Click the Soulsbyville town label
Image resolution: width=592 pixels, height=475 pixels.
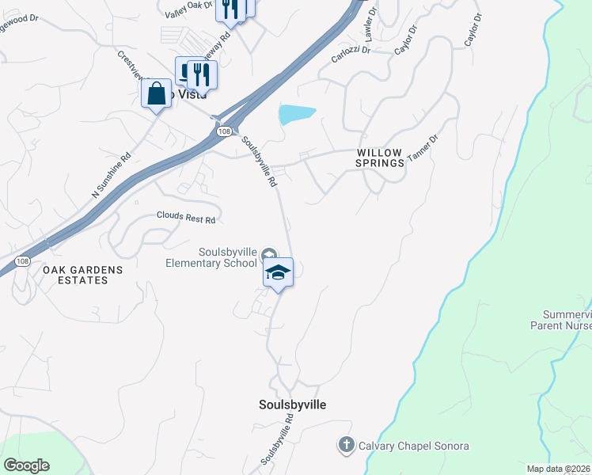[x=292, y=405]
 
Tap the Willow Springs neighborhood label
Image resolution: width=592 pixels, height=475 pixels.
[x=380, y=157]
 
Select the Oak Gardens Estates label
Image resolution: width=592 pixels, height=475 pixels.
[x=83, y=275]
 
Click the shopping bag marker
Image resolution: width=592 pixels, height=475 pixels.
[x=157, y=93]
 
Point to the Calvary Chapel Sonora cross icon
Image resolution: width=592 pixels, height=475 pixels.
[x=345, y=445]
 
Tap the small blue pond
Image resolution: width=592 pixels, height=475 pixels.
[x=297, y=114]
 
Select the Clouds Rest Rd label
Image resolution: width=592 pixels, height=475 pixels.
[x=186, y=215]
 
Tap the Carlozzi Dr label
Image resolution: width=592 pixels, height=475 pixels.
[x=351, y=55]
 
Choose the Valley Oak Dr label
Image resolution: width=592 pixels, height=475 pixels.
[x=189, y=10]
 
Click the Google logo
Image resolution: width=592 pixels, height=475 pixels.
[x=26, y=465]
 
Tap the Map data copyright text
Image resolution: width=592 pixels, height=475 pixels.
[x=559, y=469]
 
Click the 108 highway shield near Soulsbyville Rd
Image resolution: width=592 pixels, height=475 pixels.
[x=226, y=131]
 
